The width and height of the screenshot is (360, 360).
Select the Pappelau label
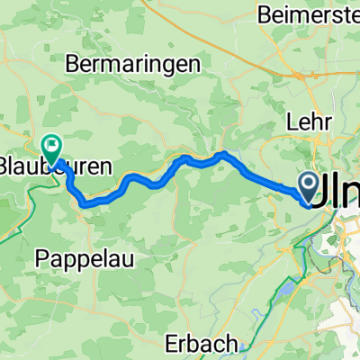click(x=80, y=259)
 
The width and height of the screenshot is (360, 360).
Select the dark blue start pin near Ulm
click(x=307, y=188)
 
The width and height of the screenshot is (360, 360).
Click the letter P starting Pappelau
click(x=42, y=259)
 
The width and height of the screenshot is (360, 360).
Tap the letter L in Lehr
click(x=290, y=121)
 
